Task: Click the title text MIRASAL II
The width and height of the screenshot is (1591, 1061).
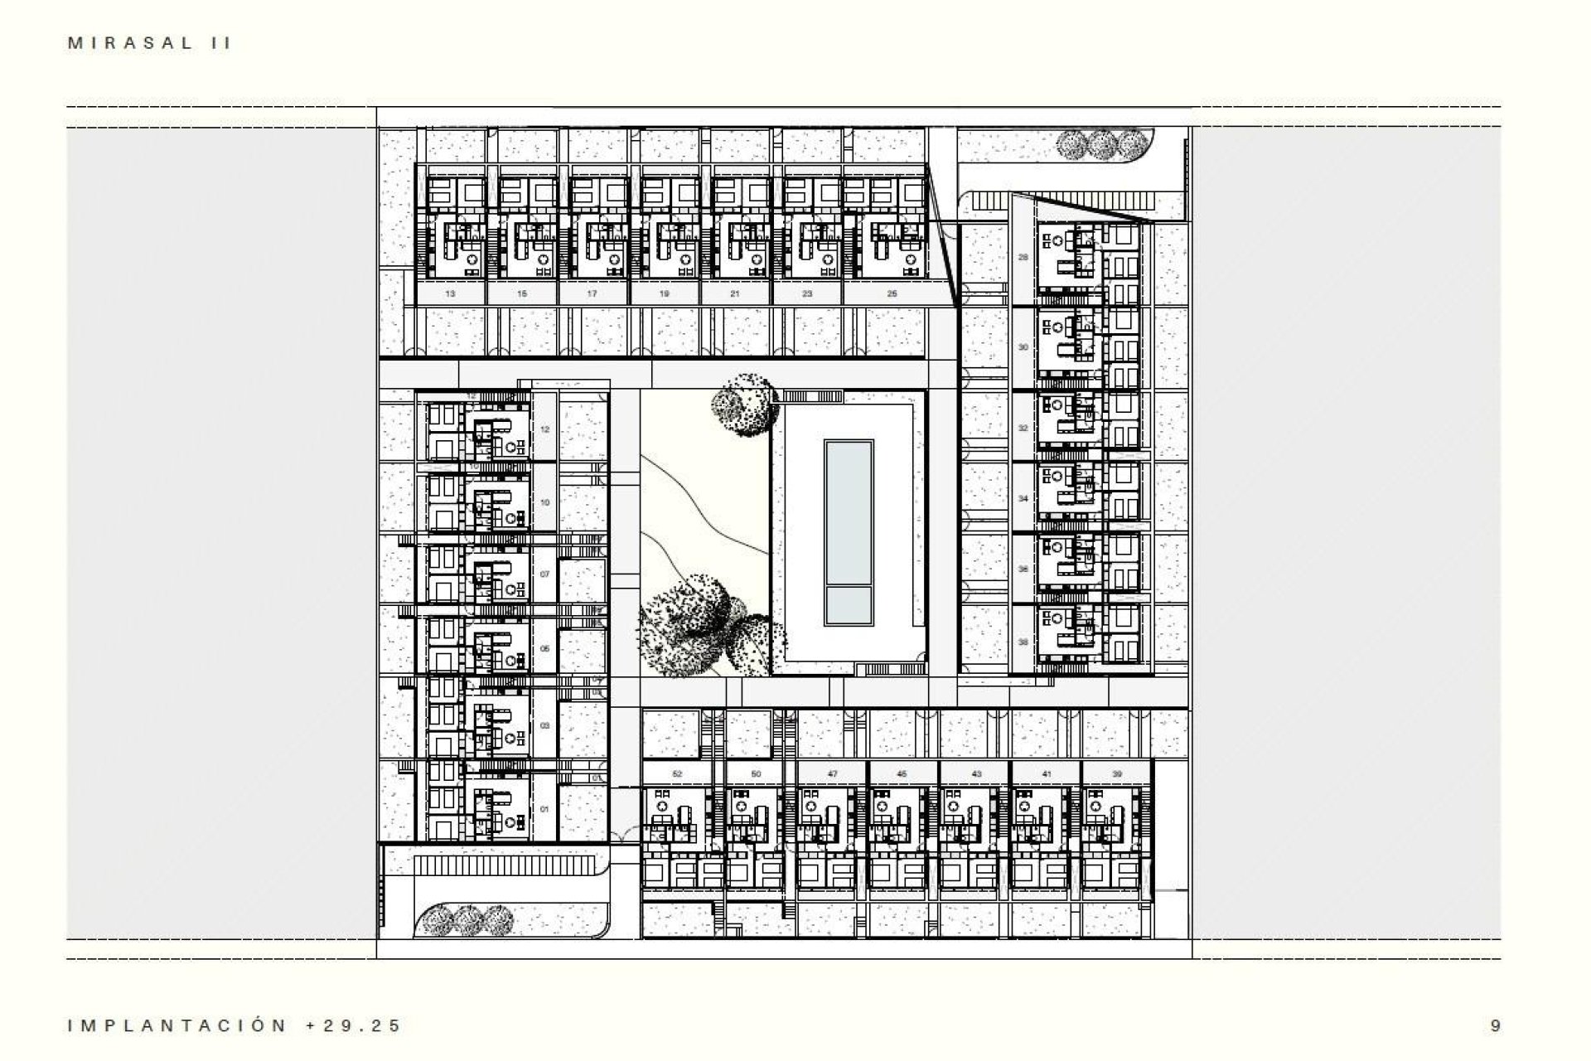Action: (149, 44)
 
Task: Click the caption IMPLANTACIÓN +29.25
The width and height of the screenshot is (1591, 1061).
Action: (235, 1025)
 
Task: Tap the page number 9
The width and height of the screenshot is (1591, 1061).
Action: (1495, 1025)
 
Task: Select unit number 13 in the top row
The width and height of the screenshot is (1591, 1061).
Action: (450, 294)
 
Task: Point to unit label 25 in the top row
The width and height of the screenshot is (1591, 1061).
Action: (892, 294)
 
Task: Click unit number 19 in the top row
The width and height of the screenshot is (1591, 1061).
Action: (665, 294)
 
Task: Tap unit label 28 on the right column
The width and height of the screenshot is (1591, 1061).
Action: (1023, 258)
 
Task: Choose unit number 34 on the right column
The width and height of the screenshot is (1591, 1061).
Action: (1023, 499)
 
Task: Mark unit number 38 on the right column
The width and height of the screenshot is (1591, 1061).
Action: (1023, 642)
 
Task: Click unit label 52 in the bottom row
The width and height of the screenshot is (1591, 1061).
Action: (677, 774)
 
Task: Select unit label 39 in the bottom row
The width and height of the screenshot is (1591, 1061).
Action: (1117, 774)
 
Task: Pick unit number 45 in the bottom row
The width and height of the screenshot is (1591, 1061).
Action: (902, 774)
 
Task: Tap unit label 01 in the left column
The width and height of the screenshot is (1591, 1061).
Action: (544, 809)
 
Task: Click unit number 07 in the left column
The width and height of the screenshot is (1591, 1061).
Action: (544, 574)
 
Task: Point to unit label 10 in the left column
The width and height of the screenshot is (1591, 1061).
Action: (544, 503)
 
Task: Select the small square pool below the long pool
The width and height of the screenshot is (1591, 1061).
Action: (848, 606)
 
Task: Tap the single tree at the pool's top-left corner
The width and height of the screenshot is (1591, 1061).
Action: (745, 404)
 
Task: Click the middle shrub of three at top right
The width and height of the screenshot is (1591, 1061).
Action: (1101, 146)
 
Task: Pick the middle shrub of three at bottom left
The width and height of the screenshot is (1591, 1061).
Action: (467, 918)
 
